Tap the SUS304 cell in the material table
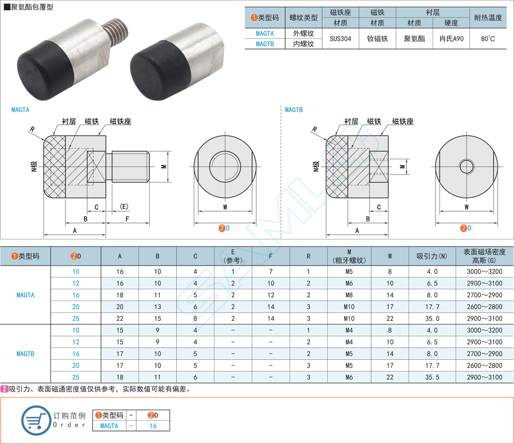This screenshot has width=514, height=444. tap(340, 38)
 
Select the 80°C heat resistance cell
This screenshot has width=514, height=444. tap(488, 38)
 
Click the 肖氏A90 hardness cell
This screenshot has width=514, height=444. tap(451, 38)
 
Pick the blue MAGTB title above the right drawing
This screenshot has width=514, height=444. tap(294, 110)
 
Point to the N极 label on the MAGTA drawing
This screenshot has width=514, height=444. tap(34, 166)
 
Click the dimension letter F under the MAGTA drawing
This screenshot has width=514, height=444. tap(127, 219)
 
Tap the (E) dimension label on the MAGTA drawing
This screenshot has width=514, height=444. tap(124, 207)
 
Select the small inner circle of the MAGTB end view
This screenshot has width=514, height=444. tap(467, 166)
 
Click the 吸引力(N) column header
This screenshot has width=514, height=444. tap(432, 256)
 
